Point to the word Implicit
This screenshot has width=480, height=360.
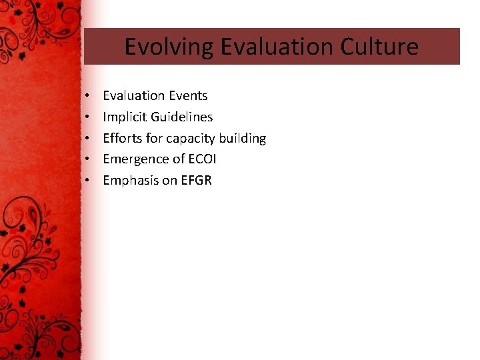tap(125, 117)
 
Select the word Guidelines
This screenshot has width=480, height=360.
tap(181, 117)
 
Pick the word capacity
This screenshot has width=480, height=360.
tap(189, 139)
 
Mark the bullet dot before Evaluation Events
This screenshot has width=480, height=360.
tap(88, 97)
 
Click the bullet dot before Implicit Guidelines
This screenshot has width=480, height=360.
tap(88, 118)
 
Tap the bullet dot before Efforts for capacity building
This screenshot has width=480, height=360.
tap(88, 139)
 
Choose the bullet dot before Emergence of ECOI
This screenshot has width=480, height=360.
tap(88, 160)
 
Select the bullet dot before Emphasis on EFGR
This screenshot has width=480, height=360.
tap(88, 181)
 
